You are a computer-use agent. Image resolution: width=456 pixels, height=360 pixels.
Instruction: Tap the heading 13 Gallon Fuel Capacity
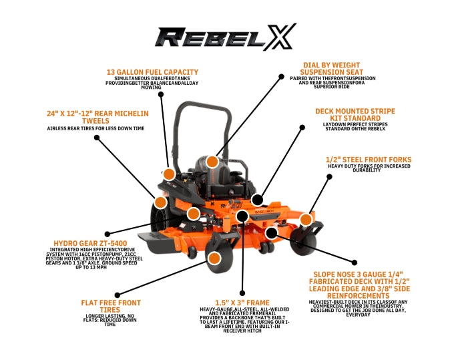click(x=153, y=72)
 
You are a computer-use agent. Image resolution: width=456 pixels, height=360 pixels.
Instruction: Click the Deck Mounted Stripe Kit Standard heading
click(x=355, y=114)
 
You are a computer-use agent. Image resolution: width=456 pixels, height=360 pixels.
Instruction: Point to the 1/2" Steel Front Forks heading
click(x=368, y=160)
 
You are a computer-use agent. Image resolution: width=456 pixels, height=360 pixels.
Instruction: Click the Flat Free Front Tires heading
click(x=110, y=307)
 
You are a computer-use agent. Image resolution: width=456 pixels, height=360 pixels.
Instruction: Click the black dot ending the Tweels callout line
click(x=97, y=138)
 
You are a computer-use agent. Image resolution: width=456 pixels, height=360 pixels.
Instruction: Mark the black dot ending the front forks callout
click(x=328, y=176)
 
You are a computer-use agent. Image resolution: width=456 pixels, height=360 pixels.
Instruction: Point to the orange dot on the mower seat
click(x=212, y=161)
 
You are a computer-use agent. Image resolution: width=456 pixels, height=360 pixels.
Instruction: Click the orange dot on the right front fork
click(x=306, y=218)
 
